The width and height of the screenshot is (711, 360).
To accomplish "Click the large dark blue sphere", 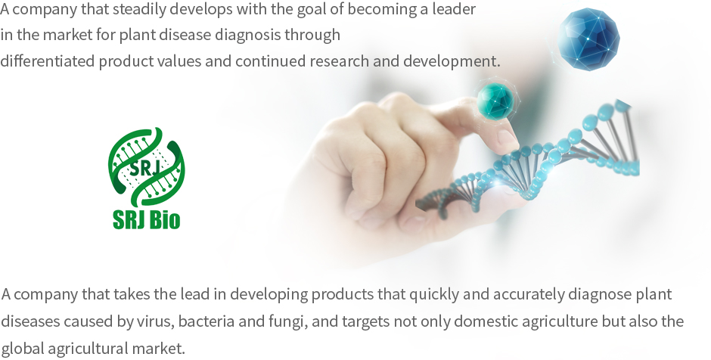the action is pos(588,39).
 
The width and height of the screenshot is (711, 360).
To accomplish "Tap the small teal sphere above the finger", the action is pos(495,101).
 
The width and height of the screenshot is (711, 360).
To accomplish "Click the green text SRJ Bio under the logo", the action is pos(146,219).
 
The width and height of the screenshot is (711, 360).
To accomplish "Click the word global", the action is pos(22,349).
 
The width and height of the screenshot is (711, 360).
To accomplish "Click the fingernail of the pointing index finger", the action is pos(507,138).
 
